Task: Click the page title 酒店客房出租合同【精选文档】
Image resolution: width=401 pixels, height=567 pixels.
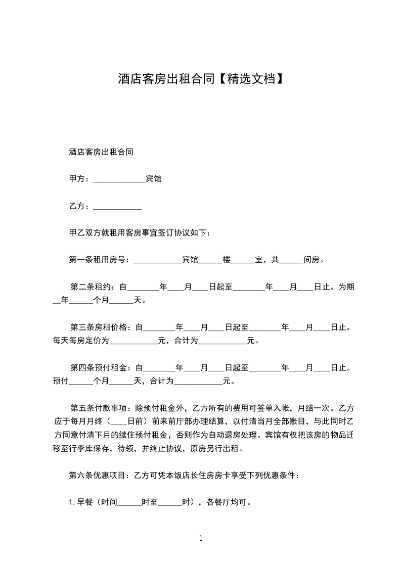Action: pyautogui.click(x=200, y=79)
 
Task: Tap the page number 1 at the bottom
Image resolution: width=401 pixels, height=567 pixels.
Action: pyautogui.click(x=201, y=538)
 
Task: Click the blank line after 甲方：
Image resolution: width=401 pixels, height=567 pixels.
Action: pyautogui.click(x=119, y=179)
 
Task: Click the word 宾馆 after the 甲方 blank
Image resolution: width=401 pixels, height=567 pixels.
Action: pyautogui.click(x=154, y=179)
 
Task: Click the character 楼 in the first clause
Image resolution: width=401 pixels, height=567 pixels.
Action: pyautogui.click(x=227, y=260)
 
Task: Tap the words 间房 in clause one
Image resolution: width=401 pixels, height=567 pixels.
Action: pyautogui.click(x=311, y=260)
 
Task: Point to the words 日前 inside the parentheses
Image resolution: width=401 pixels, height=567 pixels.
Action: pyautogui.click(x=135, y=421)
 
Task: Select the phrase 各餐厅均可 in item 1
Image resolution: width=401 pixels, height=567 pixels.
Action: pyautogui.click(x=228, y=503)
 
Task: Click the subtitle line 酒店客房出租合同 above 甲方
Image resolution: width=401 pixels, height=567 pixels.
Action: pyautogui.click(x=101, y=152)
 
